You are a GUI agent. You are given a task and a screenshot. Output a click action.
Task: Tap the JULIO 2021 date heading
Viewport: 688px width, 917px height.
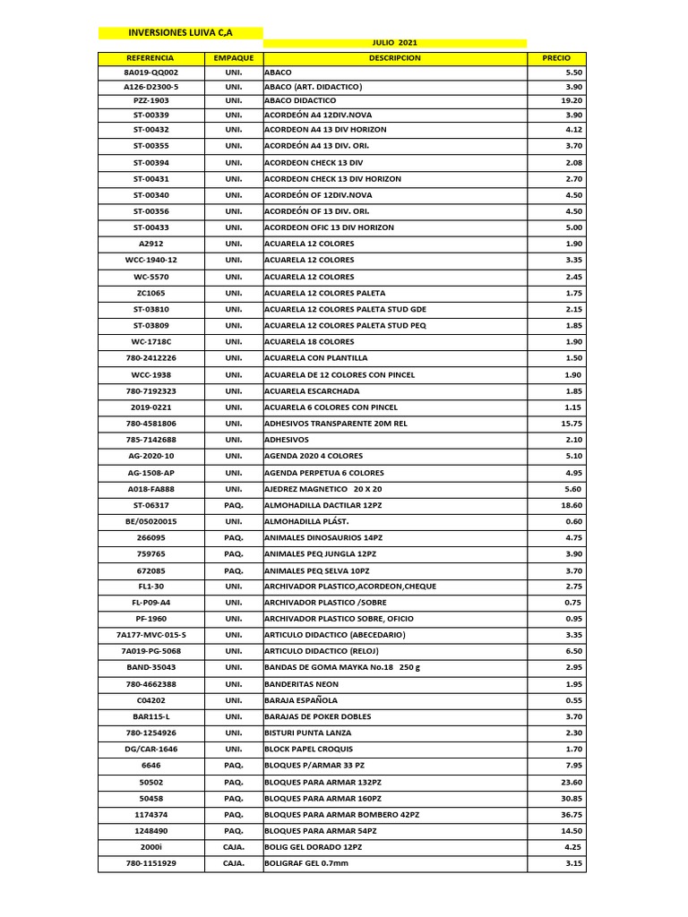pyautogui.click(x=394, y=43)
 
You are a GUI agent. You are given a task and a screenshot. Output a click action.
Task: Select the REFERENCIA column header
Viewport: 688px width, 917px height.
pyautogui.click(x=150, y=58)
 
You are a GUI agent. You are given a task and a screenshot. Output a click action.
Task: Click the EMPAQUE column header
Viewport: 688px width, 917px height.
pyautogui.click(x=234, y=58)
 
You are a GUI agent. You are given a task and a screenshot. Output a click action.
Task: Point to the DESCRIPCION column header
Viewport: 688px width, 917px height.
pyautogui.click(x=394, y=58)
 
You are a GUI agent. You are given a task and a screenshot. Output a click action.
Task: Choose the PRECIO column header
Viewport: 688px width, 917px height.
pyautogui.click(x=556, y=58)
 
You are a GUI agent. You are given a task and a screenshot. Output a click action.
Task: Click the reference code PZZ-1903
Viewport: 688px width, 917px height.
pyautogui.click(x=150, y=101)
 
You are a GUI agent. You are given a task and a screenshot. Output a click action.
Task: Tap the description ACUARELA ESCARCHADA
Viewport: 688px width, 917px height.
pyautogui.click(x=312, y=391)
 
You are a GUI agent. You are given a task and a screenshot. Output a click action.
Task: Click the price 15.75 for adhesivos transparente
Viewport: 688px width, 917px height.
pyautogui.click(x=572, y=424)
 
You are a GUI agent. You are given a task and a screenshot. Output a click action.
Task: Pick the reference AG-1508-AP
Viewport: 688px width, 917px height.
pyautogui.click(x=150, y=473)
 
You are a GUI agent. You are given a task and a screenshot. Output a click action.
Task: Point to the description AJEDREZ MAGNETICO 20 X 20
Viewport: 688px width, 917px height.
pyautogui.click(x=322, y=489)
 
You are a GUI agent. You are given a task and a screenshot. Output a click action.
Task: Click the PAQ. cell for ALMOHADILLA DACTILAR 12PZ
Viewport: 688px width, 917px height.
pyautogui.click(x=234, y=505)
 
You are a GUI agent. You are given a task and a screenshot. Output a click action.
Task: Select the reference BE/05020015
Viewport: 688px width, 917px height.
pyautogui.click(x=150, y=521)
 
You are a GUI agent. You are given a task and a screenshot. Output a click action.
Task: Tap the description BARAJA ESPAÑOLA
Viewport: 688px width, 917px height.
pyautogui.click(x=301, y=700)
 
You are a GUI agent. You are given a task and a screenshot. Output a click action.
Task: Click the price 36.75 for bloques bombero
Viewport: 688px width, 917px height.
pyautogui.click(x=572, y=815)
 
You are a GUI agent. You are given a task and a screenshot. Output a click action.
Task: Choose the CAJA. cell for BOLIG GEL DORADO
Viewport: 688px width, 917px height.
pyautogui.click(x=234, y=847)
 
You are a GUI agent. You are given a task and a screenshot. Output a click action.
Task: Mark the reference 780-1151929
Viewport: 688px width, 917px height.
pyautogui.click(x=150, y=863)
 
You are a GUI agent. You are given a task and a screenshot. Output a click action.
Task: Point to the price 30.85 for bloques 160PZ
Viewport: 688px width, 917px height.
pyautogui.click(x=572, y=798)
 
